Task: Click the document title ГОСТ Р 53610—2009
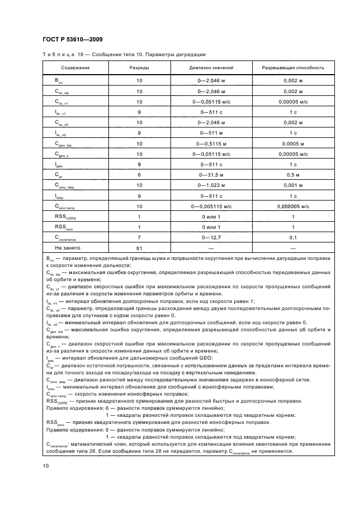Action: click(x=72, y=40)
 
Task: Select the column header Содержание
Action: click(x=75, y=68)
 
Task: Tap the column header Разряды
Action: click(x=139, y=68)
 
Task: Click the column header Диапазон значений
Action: click(x=211, y=68)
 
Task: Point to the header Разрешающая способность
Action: click(x=293, y=68)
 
